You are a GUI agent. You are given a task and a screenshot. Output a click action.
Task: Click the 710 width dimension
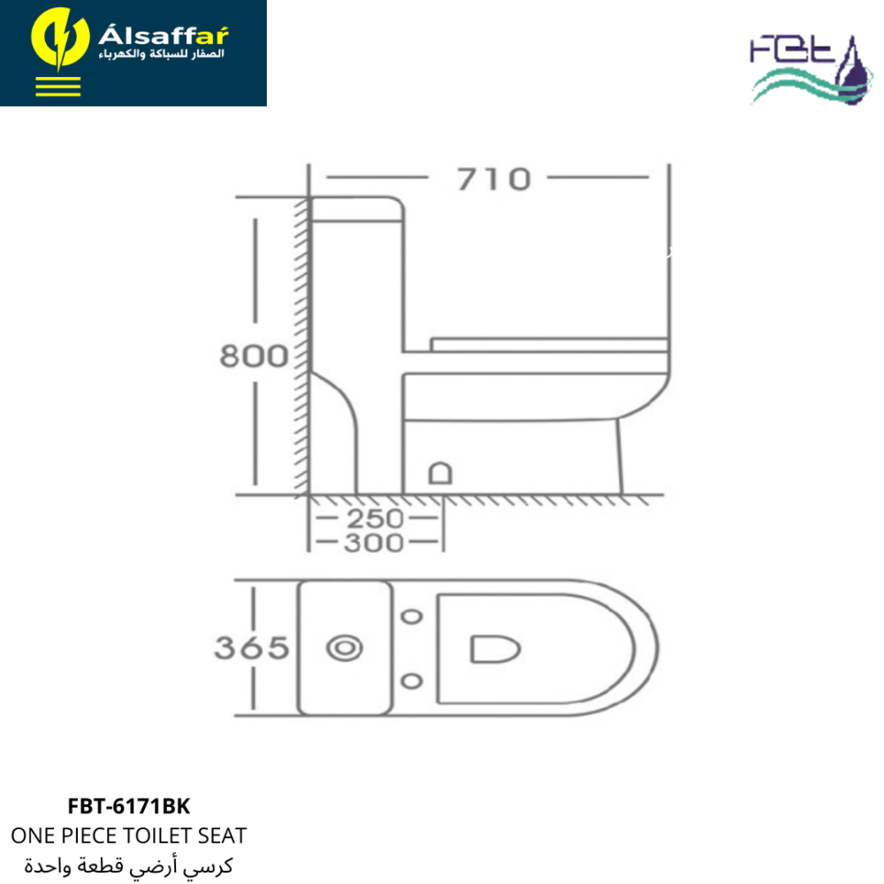[494, 179]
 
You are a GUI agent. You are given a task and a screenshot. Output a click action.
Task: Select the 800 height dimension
[254, 355]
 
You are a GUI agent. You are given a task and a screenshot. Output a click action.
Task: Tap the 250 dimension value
[375, 519]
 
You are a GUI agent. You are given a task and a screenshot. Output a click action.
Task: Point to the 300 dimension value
[374, 543]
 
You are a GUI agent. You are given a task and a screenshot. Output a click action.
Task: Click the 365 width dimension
[251, 648]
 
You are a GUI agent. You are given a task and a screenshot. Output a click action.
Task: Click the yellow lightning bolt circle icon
[60, 40]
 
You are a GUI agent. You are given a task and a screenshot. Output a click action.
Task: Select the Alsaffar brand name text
[164, 35]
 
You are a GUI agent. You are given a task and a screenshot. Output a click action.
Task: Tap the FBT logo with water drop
[811, 70]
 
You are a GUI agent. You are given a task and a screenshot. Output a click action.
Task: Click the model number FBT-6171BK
[129, 806]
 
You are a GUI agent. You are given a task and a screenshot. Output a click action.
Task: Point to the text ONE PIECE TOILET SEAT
[129, 835]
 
